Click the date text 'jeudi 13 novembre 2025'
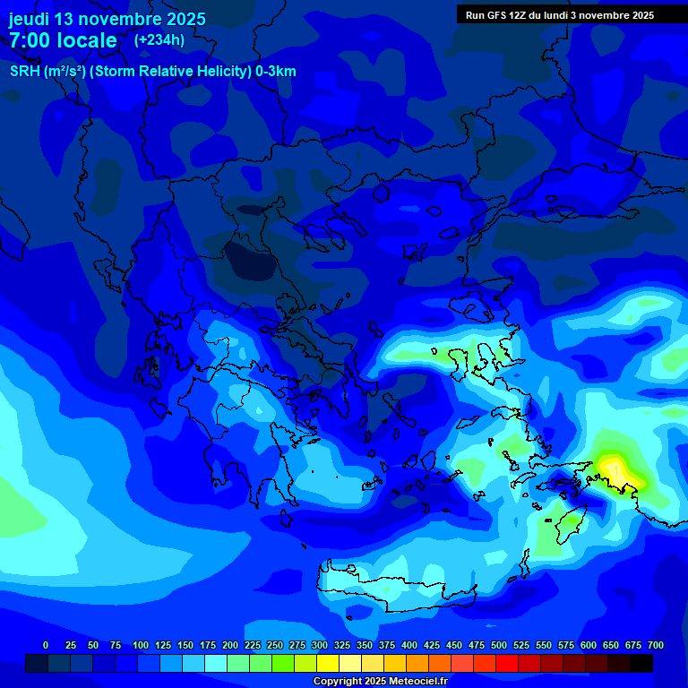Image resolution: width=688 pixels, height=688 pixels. (x=107, y=19)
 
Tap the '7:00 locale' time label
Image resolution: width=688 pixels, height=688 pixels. (x=63, y=40)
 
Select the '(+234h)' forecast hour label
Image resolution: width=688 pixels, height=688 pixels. (x=159, y=39)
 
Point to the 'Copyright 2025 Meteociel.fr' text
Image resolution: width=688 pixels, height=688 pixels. (x=381, y=682)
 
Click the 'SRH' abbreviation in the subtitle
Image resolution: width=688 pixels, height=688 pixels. (x=25, y=72)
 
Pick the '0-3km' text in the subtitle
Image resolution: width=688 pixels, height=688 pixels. (x=276, y=72)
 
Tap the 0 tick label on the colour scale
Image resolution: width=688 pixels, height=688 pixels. (x=46, y=645)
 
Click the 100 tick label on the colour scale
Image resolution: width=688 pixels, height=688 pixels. (x=141, y=645)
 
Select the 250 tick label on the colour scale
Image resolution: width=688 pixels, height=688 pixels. (x=275, y=645)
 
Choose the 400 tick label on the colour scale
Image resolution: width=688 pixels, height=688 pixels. (x=409, y=645)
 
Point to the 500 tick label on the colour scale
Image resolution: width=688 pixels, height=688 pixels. (x=499, y=645)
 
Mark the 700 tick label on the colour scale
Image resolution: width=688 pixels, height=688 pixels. (x=656, y=645)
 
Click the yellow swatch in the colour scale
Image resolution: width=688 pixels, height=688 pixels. (x=328, y=663)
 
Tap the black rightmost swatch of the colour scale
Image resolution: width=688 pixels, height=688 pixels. (x=641, y=663)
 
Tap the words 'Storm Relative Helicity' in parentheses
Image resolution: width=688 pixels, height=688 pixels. (x=170, y=72)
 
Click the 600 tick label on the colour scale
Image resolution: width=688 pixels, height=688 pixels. (x=589, y=645)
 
